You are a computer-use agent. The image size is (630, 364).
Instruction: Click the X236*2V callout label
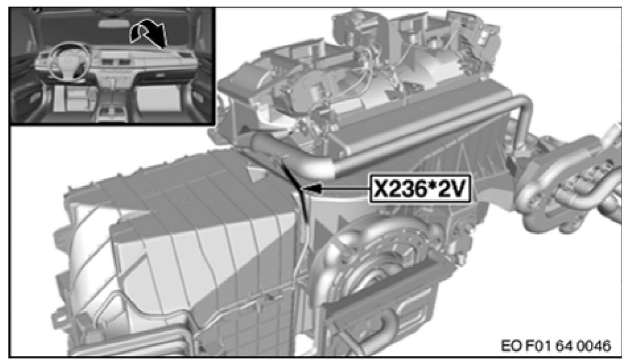419,188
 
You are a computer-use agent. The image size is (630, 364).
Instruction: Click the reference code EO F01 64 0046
556,345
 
